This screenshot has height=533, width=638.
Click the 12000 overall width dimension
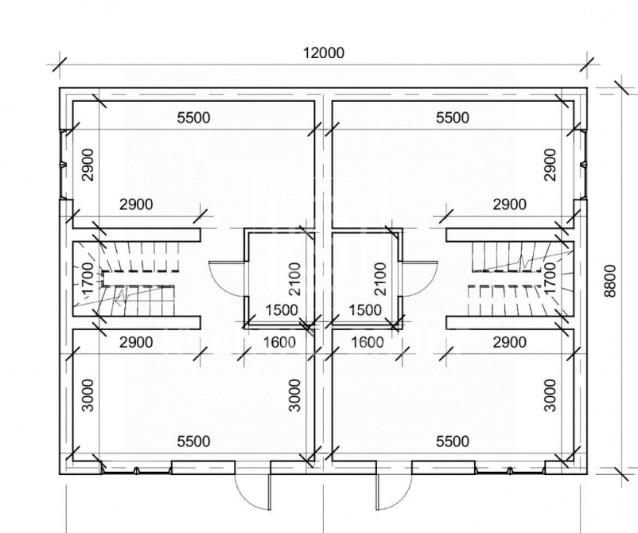tap(324, 53)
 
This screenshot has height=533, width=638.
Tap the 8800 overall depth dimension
tap(610, 281)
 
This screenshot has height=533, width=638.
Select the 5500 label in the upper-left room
tap(193, 118)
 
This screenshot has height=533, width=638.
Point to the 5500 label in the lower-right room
tap(453, 441)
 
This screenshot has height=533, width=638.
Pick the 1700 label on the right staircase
tap(550, 278)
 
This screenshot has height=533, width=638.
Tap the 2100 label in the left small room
tap(294, 278)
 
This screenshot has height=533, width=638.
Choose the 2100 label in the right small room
tap(379, 278)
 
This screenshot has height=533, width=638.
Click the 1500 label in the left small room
tap(282, 310)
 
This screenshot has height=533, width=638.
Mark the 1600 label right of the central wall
tap(367, 342)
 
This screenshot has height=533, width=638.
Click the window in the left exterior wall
tap(63, 165)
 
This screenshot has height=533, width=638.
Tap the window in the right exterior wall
tap(584, 165)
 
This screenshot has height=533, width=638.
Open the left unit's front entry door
tap(253, 492)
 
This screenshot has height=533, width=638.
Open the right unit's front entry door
tap(394, 492)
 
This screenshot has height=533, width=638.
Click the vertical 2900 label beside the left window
tap(88, 165)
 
